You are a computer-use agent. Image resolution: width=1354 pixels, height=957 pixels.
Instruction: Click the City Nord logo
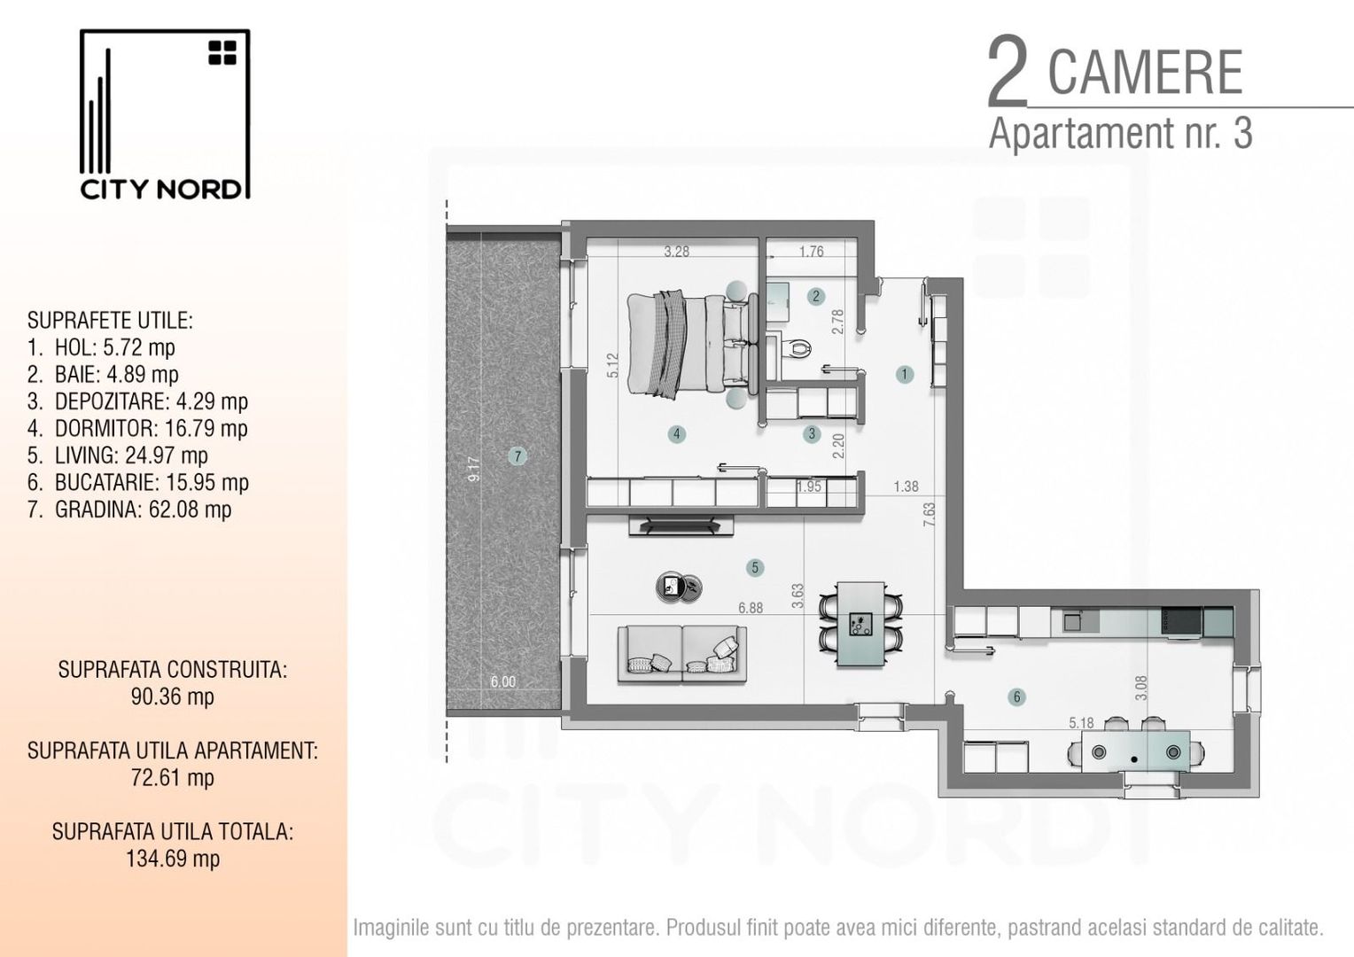point(165,115)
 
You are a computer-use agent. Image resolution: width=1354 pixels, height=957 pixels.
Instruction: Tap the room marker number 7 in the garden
point(517,456)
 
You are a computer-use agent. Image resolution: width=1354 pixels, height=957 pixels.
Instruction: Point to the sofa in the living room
point(681,653)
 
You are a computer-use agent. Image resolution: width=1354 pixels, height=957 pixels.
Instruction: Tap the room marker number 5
point(755,567)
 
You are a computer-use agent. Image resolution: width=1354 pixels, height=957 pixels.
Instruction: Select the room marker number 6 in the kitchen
point(1016,696)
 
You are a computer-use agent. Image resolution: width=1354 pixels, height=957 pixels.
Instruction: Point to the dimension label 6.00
point(502,681)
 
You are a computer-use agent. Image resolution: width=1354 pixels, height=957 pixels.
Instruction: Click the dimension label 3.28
point(676,252)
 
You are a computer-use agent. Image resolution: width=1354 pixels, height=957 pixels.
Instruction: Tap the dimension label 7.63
point(929,516)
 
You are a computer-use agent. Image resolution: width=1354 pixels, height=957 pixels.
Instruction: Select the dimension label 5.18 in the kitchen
point(1081,723)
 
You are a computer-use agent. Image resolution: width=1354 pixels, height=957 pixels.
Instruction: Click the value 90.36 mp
point(172,696)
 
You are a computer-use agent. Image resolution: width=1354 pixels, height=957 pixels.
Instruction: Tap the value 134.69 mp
point(172,858)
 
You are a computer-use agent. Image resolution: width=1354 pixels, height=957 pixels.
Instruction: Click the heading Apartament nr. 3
point(1120,133)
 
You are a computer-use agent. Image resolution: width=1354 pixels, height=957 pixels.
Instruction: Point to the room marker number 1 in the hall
point(904,374)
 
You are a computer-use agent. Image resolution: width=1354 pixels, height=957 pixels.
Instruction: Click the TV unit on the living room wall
point(681,525)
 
